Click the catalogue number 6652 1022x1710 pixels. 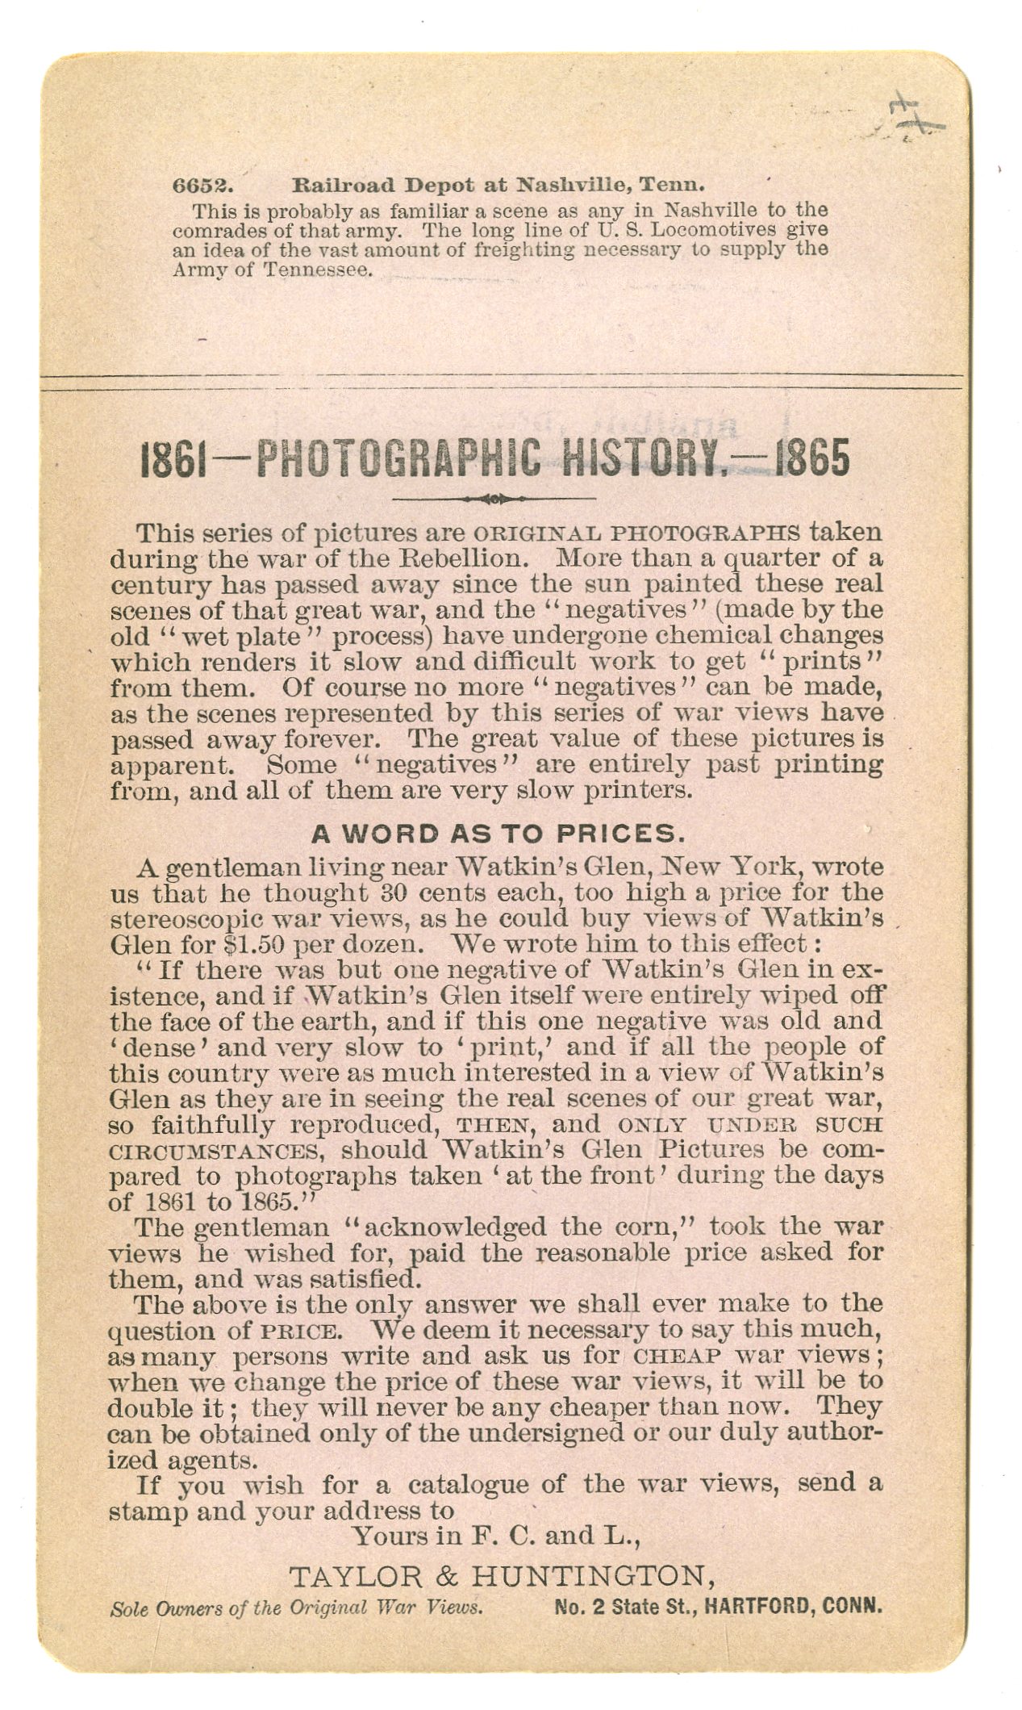point(203,185)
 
